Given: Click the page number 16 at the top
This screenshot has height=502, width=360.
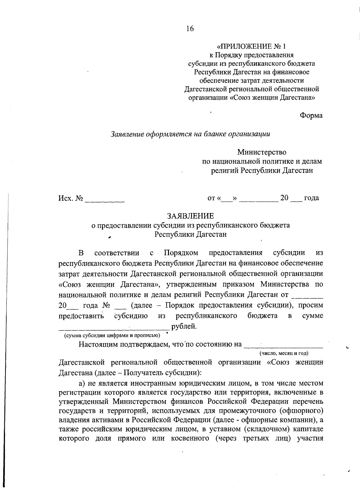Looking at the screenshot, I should pos(190,29).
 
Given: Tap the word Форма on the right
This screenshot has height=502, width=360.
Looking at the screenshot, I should pos(311,116).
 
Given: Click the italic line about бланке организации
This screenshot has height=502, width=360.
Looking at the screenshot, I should pos(190,134).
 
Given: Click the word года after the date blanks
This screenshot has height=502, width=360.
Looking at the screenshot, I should pos(311,198).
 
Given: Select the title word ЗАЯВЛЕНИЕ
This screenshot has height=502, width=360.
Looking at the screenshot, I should pos(190,216).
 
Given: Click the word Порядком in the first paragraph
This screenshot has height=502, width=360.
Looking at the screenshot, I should pos(181,253).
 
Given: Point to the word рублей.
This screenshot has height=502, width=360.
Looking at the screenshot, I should pos(184,326).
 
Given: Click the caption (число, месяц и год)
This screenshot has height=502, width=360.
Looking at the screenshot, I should pos(284,353).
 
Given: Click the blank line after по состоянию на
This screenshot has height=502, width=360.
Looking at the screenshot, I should pos(283,347).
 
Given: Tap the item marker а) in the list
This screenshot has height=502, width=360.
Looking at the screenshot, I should pos(82,383).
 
